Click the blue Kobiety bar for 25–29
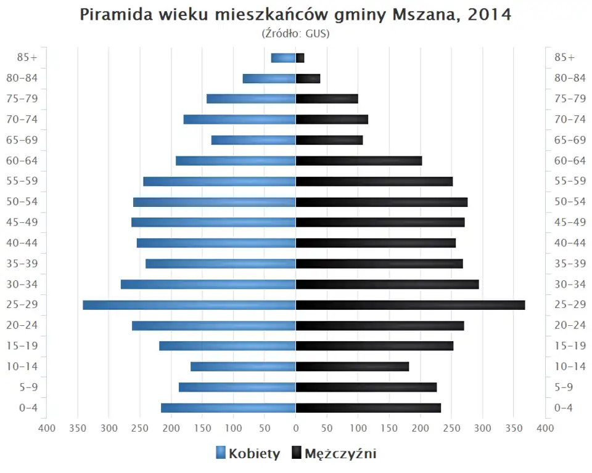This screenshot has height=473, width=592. coord(189,305)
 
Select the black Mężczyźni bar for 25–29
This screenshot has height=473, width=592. coord(410,305)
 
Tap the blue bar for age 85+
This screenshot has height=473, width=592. coord(284,58)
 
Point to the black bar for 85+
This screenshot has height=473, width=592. coord(300,58)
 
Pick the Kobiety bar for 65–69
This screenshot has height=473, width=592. coord(253,140)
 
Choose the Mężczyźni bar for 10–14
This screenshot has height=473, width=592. coord(352,366)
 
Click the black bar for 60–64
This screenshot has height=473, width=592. coord(359,161)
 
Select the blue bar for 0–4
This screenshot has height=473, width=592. coord(228,408)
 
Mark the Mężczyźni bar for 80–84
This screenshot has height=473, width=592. coord(308,78)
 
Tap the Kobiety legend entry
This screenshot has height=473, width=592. coord(249,454)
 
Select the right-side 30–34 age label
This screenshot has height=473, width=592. coord(570,284)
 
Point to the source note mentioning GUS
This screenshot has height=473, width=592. coord(296,34)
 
